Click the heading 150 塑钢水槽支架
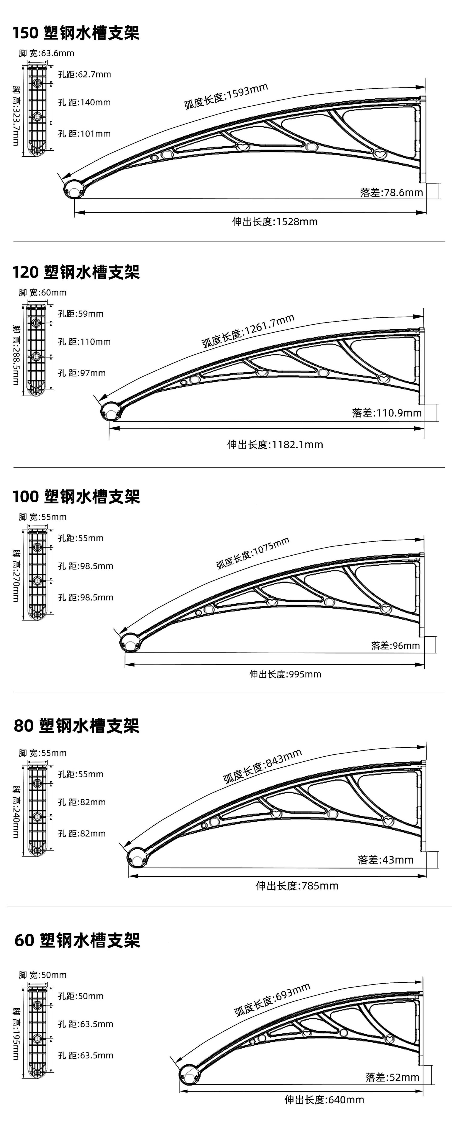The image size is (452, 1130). point(75,33)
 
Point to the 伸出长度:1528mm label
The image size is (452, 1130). point(275,222)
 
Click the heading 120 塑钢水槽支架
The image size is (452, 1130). point(75,272)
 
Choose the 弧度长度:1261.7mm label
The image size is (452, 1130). point(248,331)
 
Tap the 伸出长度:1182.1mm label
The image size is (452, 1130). point(275,444)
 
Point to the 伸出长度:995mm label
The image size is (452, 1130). point(285,674)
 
